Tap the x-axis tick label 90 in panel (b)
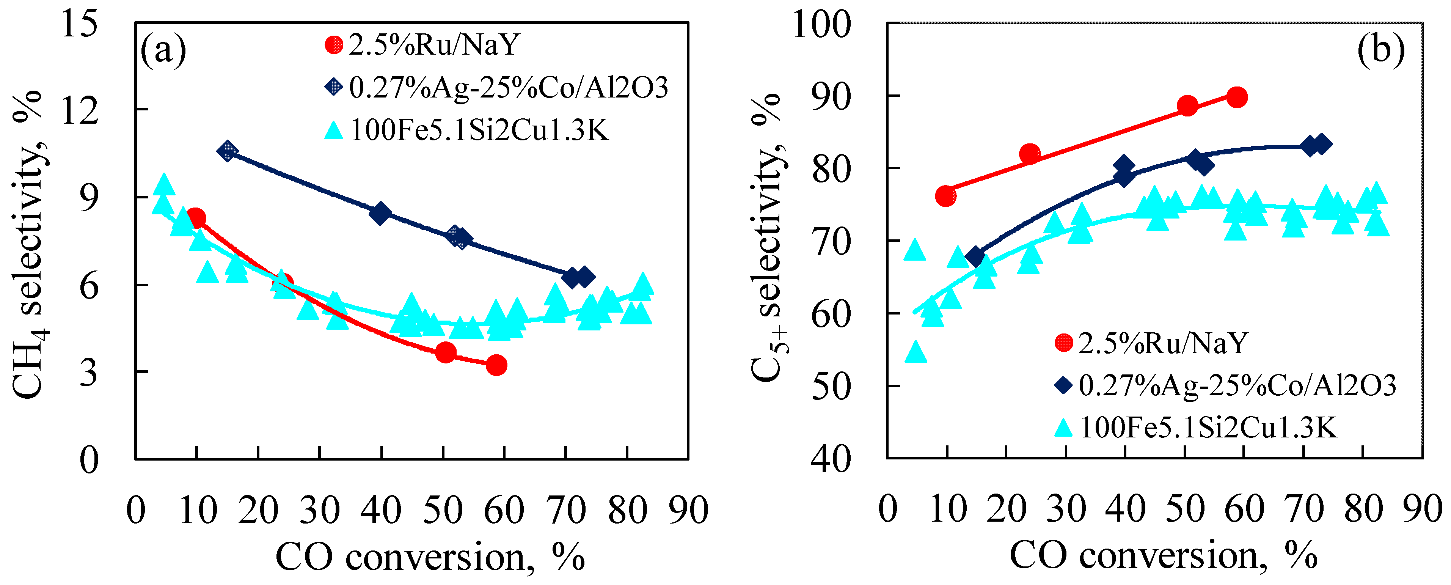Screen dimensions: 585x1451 point(1422,509)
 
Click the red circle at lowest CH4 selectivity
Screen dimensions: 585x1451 point(496,365)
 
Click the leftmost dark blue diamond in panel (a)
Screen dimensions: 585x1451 point(228,151)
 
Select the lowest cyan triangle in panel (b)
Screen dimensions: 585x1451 point(916,352)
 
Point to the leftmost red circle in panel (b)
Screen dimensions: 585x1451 point(946,196)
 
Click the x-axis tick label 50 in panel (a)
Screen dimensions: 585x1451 point(443,510)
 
